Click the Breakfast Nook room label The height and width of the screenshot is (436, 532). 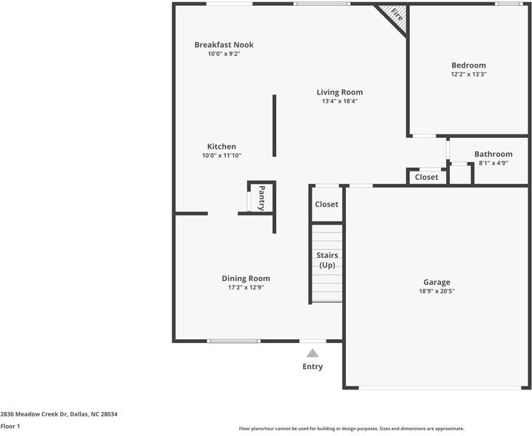point(224,45)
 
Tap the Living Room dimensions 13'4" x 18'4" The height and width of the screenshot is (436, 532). point(339,101)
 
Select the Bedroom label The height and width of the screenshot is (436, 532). point(468,65)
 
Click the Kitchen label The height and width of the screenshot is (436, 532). point(221,147)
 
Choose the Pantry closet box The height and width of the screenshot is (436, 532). point(261,198)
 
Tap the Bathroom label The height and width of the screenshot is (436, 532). point(493,154)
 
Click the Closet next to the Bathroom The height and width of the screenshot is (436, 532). point(427,177)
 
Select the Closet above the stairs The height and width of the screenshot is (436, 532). point(326,204)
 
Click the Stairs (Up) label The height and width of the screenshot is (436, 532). point(327,260)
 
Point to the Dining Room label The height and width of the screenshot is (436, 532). point(246,278)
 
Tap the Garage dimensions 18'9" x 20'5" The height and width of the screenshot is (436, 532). point(437,291)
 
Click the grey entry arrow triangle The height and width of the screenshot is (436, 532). point(313,353)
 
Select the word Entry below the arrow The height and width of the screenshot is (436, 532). point(313,367)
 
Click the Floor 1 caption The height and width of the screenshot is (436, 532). point(10,427)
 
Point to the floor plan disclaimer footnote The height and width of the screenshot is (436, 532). point(351,429)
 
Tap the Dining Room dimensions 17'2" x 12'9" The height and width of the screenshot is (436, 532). point(246,288)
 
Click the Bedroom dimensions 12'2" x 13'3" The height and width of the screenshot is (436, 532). point(468,74)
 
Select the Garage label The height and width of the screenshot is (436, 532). point(437,282)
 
